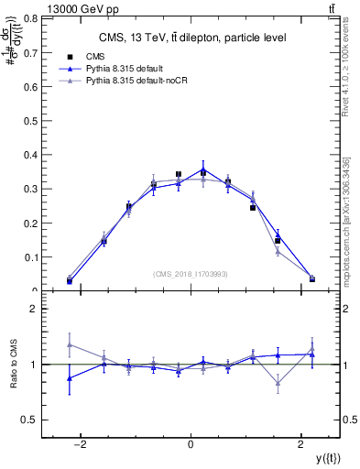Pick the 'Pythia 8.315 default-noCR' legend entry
(x=136, y=81)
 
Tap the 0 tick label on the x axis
(x=191, y=444)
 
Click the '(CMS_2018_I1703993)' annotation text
(x=191, y=274)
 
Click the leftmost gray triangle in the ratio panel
(x=70, y=345)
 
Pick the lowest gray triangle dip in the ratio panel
(x=278, y=384)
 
